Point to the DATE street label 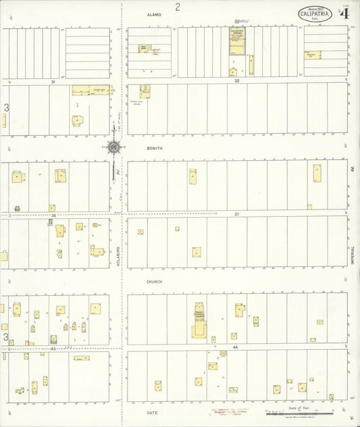(x=153, y=411)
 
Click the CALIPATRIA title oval (x=315, y=14)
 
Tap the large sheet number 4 (x=344, y=13)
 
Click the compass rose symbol (x=114, y=146)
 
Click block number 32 (x=236, y=80)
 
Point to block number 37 (x=236, y=214)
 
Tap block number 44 (x=236, y=347)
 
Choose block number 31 (x=52, y=81)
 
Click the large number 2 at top (x=178, y=7)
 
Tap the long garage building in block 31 (x=91, y=90)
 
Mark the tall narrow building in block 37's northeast (x=317, y=173)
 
